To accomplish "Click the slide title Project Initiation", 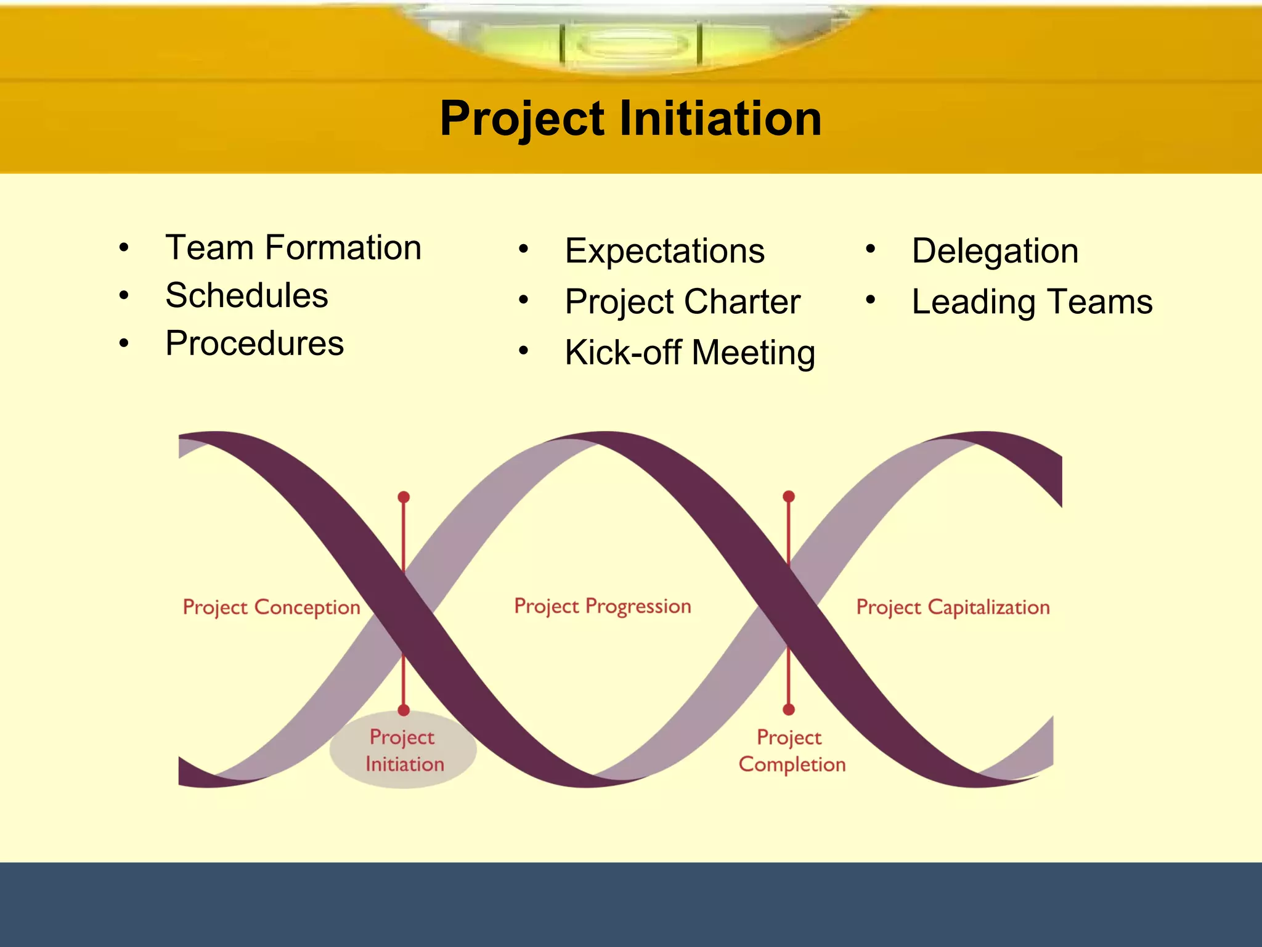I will (630, 118).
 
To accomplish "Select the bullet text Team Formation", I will (293, 248).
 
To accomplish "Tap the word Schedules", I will (246, 295).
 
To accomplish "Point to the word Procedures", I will (254, 343).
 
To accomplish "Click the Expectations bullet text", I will (664, 251).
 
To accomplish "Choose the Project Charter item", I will (682, 301).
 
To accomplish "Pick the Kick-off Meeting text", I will (690, 352).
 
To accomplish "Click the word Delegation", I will (995, 251).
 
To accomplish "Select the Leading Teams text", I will (1032, 301).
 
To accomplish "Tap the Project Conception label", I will (271, 607).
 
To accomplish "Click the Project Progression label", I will (602, 606).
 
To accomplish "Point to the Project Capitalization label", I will (953, 607).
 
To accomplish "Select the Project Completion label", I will (792, 751).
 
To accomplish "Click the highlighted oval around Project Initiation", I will (403, 750).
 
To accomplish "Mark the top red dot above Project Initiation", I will (404, 497).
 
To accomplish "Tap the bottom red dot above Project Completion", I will (789, 710).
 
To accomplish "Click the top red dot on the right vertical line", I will (789, 496).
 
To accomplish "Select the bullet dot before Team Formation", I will (124, 248).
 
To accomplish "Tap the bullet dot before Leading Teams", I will (870, 300).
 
